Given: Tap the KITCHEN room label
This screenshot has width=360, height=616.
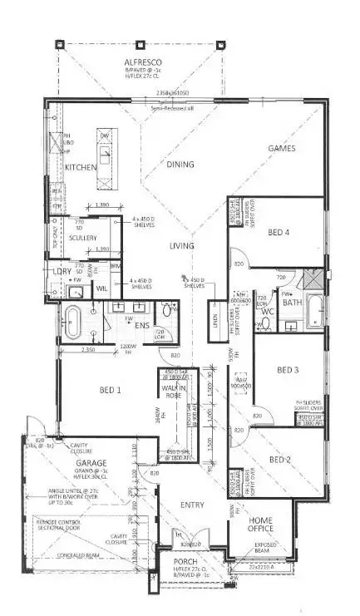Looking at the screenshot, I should point(81,167).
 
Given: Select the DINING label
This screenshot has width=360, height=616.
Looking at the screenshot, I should point(180,165).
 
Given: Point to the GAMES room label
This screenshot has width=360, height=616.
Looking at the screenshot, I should point(282,148).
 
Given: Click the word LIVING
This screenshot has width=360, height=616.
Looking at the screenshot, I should point(181,246).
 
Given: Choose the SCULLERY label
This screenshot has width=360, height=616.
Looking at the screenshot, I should point(83,238).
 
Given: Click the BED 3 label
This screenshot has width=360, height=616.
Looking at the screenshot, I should point(288,370).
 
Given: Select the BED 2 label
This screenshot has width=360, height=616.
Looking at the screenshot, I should point(280,459).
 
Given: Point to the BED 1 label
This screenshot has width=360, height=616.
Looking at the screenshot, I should point(111,389).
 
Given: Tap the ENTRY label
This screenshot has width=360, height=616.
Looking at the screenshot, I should point(192,505).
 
